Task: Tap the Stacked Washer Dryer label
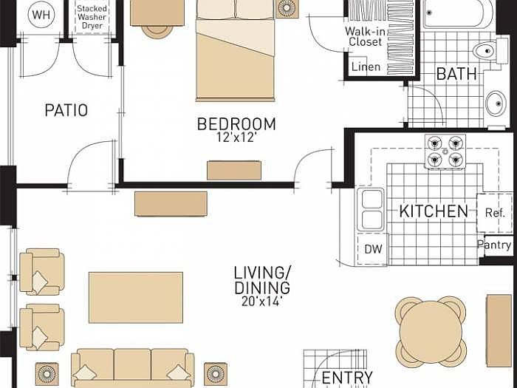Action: click(92, 16)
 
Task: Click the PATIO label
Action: click(66, 111)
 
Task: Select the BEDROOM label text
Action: click(236, 124)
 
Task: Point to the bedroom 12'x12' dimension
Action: click(236, 138)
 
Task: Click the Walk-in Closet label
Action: click(365, 37)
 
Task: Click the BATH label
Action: click(456, 74)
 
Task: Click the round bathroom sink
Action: click(495, 102)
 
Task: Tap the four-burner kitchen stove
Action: click(445, 151)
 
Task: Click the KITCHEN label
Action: click(434, 211)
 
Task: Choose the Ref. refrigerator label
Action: click(494, 213)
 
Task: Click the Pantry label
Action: click(494, 245)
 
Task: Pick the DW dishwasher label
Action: click(373, 250)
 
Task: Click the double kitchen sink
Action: click(371, 209)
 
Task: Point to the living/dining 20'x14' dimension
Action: click(261, 302)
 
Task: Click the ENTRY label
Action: click(346, 378)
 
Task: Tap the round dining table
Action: click(431, 331)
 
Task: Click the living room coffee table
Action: click(136, 297)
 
